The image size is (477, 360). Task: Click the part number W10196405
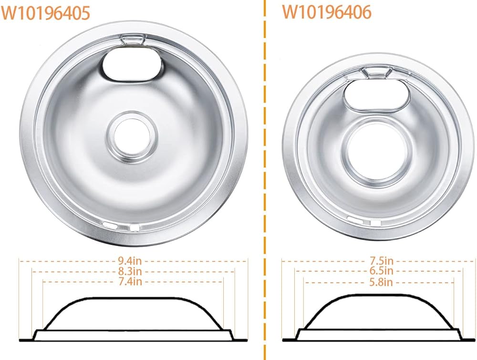click(46, 13)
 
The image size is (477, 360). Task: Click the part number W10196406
click(327, 12)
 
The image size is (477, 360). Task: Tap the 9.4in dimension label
click(130, 261)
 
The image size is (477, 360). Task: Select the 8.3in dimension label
click(130, 271)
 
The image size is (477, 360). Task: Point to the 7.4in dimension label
click(130, 281)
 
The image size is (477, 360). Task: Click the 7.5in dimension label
click(382, 260)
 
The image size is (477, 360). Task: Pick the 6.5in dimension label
click(382, 271)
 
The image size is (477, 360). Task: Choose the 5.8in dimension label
click(382, 282)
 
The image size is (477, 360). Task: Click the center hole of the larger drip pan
click(132, 135)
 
